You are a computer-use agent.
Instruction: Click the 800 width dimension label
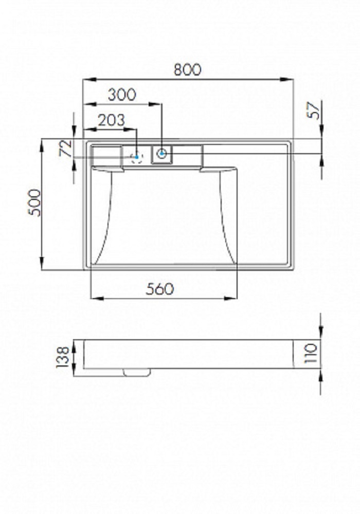(187, 69)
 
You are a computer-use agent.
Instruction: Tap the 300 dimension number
(122, 95)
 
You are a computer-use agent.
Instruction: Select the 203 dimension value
(112, 120)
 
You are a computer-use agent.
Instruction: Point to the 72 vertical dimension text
(66, 148)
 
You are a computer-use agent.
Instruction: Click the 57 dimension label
(314, 111)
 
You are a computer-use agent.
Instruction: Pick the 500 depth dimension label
(35, 203)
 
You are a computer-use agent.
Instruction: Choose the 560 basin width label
(159, 289)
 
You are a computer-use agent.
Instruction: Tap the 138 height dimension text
(63, 357)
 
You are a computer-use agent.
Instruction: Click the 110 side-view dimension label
(311, 353)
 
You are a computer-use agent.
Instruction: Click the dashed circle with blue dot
(137, 157)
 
